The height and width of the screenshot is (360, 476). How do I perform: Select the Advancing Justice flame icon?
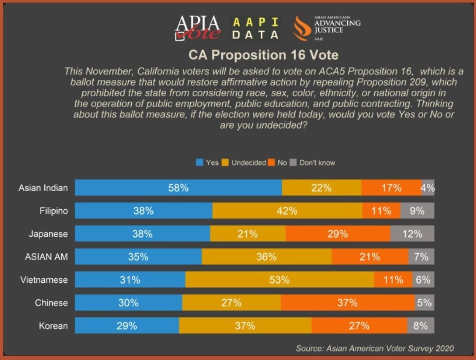pos(302,28)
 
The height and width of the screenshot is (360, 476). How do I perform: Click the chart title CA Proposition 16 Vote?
pos(263,55)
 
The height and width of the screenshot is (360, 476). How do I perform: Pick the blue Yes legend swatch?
pos(200,162)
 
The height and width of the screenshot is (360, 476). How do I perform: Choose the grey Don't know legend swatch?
pos(293,162)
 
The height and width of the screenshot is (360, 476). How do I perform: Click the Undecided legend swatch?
pos(225,162)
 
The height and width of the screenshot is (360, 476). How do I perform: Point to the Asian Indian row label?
pos(43,188)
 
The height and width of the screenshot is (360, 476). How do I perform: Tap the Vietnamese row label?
pos(44,280)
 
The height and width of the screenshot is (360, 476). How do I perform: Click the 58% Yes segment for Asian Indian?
pos(178,188)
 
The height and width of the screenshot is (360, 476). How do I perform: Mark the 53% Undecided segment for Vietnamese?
pos(279,280)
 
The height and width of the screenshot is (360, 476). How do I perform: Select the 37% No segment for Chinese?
pos(348,303)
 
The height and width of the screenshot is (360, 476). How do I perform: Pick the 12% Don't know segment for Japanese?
pos(412,234)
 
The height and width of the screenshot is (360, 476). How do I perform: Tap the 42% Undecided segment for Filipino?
pos(287,211)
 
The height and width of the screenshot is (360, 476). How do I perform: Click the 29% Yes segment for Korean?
pos(127,326)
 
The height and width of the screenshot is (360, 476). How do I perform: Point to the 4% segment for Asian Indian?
pos(427,188)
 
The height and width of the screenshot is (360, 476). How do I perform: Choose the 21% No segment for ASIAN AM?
pos(370,257)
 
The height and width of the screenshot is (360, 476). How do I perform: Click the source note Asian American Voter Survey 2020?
pos(375,348)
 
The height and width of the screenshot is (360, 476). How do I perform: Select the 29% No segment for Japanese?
pos(338,234)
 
